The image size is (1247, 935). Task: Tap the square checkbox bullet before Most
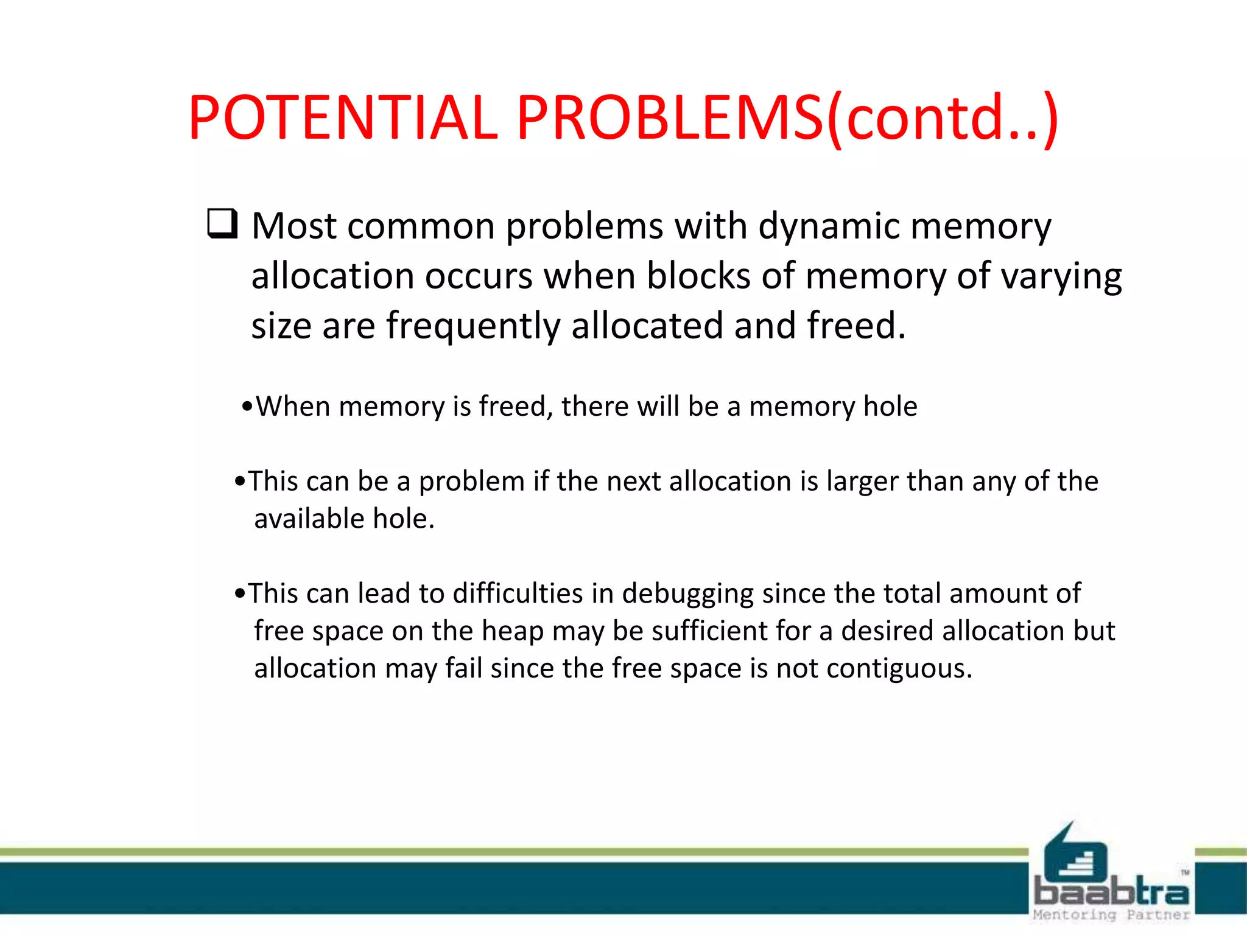[x=222, y=223]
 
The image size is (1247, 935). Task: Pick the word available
[x=309, y=519]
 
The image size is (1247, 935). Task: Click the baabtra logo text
[x=1111, y=892]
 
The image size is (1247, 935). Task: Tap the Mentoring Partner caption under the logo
[x=1111, y=914]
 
